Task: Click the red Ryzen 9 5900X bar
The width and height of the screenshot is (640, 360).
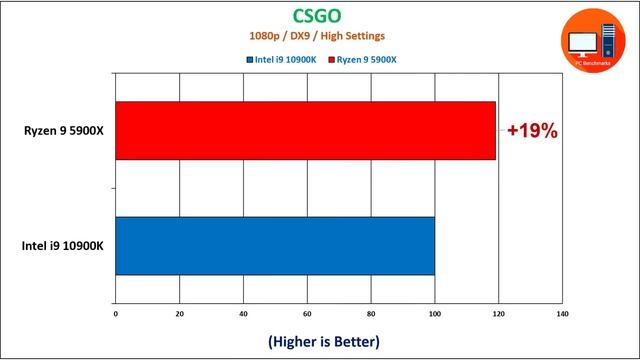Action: click(305, 130)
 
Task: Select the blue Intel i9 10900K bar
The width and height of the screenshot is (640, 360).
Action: click(275, 246)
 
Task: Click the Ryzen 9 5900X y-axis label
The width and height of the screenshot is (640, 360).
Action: click(65, 130)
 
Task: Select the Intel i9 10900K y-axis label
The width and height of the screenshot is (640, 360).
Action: click(65, 246)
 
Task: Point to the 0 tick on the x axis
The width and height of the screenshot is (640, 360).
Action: click(116, 315)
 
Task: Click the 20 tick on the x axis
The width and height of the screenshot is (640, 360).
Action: click(180, 315)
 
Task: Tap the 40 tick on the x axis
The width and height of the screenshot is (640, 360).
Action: click(244, 315)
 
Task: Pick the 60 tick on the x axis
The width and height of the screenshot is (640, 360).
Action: click(307, 315)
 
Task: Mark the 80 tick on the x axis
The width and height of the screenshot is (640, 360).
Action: click(371, 315)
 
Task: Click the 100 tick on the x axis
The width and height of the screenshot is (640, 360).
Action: click(435, 315)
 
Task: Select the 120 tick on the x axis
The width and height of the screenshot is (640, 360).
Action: click(499, 315)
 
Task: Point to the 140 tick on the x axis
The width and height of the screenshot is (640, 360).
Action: click(562, 315)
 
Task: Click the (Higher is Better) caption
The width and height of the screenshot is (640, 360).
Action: click(323, 342)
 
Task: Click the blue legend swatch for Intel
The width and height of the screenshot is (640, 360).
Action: click(249, 59)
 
